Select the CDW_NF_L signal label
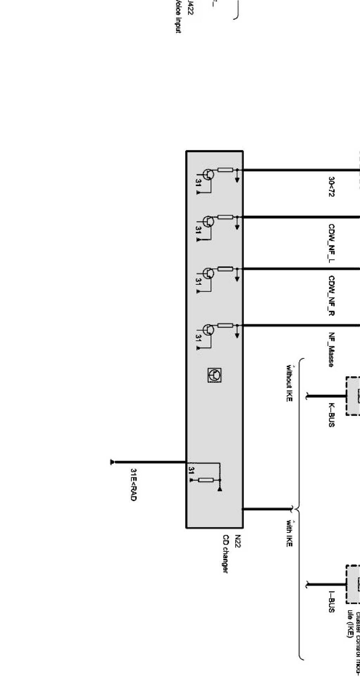[331, 241]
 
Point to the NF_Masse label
[331, 350]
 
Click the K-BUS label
[331, 415]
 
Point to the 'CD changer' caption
[226, 553]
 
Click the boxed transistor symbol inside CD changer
[214, 375]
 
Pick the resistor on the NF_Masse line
[225, 325]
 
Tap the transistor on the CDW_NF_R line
[208, 274]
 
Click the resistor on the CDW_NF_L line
[225, 217]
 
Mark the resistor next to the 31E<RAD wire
[206, 480]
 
